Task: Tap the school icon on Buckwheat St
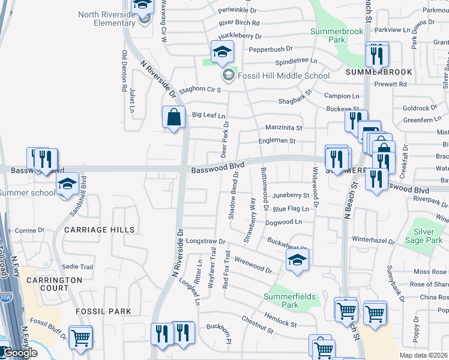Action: [x=296, y=260]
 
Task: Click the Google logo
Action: [x=20, y=353]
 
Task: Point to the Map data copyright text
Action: [x=424, y=355]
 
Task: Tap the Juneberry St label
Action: [x=291, y=196]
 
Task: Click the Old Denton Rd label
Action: [x=124, y=71]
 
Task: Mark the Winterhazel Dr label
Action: [x=373, y=242]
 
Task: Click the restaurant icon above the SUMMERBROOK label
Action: [x=376, y=55]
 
